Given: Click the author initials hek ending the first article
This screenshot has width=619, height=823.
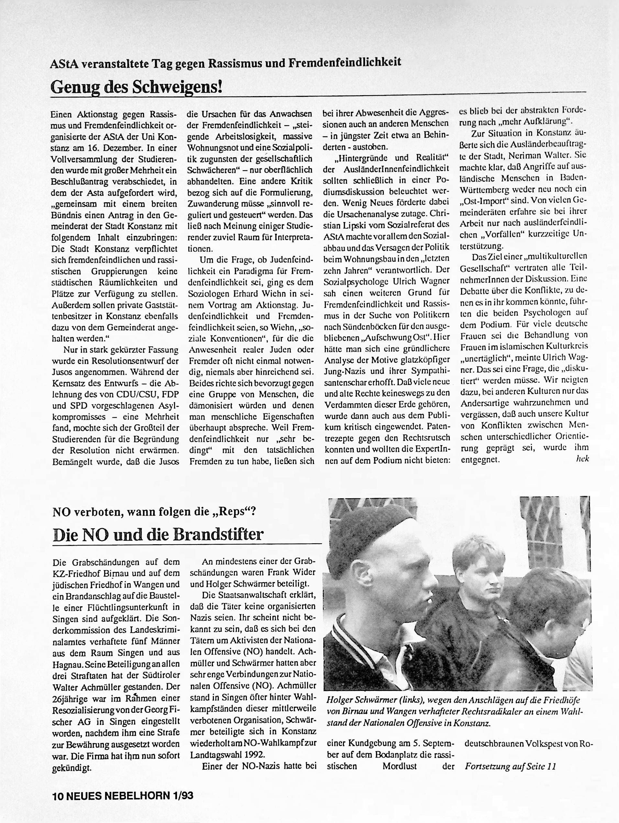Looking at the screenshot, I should pyautogui.click(x=582, y=459).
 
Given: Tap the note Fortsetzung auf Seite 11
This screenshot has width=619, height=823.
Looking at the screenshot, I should pyautogui.click(x=511, y=766).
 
